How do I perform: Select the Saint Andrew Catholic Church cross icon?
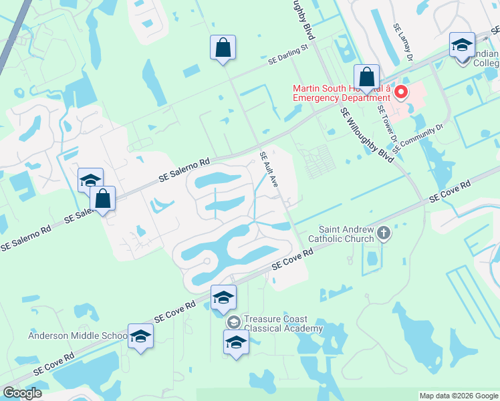point(383,233)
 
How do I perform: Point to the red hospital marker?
point(401,92)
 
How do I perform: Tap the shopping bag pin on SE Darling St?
point(223,48)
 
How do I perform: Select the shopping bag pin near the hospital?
point(366,77)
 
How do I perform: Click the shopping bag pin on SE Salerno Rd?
point(102,198)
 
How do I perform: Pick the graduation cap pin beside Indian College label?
point(462,45)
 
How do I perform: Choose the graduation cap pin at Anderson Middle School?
point(140,336)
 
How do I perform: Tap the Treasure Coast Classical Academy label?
point(283,324)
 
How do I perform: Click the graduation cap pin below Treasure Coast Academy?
point(235,344)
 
